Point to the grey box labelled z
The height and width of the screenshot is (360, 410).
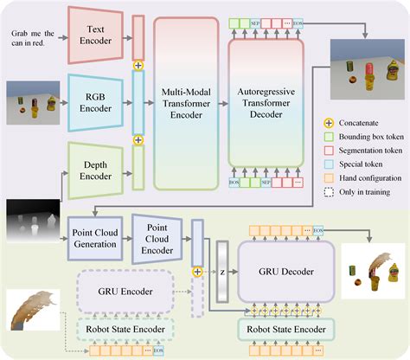(222, 270)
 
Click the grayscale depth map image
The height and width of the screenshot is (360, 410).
(33, 222)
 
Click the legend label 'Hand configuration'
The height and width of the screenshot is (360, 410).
(368, 177)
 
